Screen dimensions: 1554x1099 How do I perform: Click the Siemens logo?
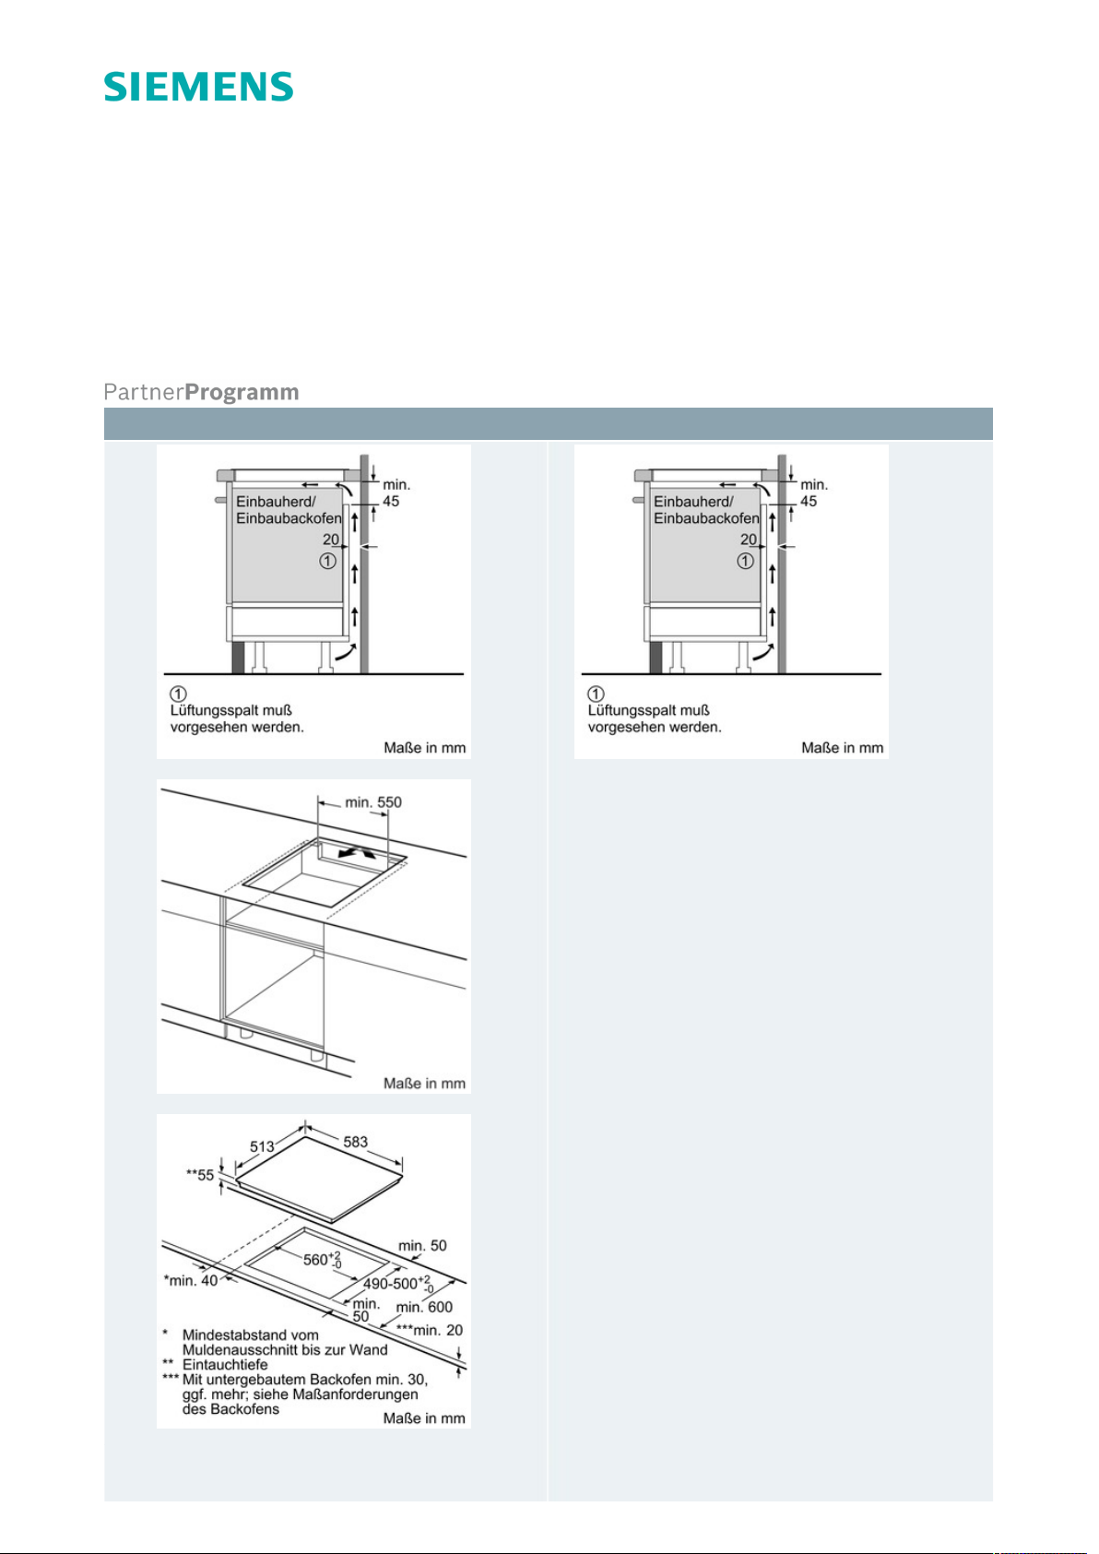[x=198, y=87]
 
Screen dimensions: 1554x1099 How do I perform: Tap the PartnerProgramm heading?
[x=201, y=392]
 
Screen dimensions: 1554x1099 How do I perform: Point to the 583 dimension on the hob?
[x=356, y=1142]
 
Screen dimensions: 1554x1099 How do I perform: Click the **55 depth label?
[x=200, y=1175]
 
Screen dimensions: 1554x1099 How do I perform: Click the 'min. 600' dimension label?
[x=424, y=1307]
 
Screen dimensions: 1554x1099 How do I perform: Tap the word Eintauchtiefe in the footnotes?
[x=225, y=1365]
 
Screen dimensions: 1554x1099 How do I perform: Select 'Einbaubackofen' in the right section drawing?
[x=706, y=518]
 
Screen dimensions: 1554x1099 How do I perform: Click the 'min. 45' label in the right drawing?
[x=813, y=492]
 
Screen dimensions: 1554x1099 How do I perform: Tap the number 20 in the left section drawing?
[x=331, y=540]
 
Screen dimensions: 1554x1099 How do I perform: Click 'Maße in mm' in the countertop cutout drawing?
[x=424, y=1084]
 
